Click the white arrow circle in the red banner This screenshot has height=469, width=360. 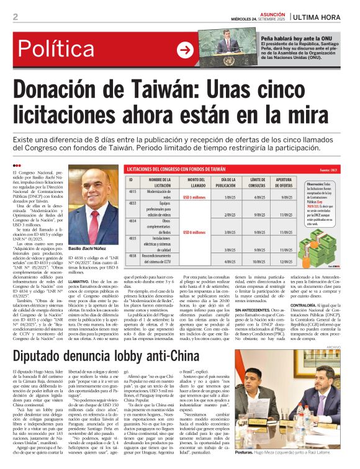[185, 50]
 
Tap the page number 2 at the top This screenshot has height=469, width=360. [15, 17]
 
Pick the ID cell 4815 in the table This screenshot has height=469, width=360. [132, 192]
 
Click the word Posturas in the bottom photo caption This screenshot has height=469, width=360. [251, 454]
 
